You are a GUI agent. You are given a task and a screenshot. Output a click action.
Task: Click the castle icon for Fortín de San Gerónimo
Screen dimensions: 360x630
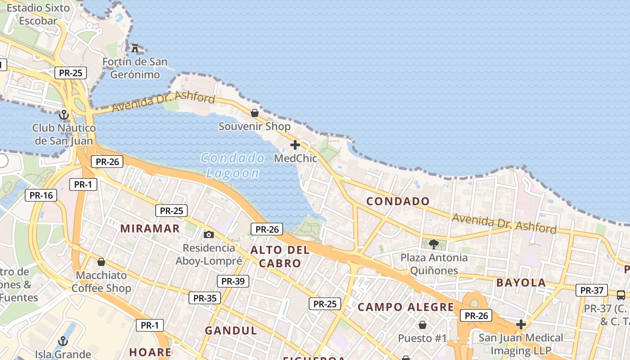[x=135, y=48]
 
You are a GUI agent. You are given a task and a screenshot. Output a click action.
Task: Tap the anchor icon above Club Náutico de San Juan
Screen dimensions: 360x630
[x=64, y=115]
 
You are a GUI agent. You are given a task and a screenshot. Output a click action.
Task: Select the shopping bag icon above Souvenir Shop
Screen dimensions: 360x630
[x=255, y=113]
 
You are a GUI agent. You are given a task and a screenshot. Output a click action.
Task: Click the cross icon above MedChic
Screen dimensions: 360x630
[x=295, y=145]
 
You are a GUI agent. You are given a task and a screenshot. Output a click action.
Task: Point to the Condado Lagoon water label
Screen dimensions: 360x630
[x=233, y=166]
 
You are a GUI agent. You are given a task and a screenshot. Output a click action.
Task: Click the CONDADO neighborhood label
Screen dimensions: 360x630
[x=398, y=201]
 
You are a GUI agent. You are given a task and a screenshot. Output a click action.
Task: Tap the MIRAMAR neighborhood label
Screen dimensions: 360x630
[x=150, y=229]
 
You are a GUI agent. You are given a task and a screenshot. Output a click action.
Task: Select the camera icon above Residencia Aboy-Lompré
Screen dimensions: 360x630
[x=209, y=234]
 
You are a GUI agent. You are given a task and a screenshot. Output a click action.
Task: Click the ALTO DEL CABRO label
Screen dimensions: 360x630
[x=280, y=256]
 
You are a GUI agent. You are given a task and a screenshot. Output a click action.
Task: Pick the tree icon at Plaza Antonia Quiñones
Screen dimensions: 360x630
[x=434, y=244]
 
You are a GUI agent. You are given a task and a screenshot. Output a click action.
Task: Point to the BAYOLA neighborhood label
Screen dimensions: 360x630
[x=521, y=283]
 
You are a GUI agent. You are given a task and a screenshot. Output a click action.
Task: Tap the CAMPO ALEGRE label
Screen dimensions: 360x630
[x=406, y=307]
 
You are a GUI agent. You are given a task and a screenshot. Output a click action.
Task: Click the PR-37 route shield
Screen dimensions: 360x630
[x=592, y=290]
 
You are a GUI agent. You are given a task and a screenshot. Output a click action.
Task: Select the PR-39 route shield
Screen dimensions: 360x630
[x=233, y=281]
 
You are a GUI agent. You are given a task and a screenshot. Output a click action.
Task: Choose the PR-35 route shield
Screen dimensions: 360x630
[x=205, y=298]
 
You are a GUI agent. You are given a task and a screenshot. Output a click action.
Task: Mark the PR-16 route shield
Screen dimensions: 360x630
[x=41, y=195]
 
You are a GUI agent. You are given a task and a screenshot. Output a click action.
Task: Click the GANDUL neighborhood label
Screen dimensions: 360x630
[x=231, y=331]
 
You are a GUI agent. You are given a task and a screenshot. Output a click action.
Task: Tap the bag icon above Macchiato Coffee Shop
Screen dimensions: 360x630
[x=101, y=262]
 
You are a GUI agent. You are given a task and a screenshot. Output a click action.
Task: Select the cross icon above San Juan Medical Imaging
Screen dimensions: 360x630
[x=521, y=324]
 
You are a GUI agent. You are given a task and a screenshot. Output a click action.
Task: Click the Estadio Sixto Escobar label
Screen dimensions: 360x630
[x=38, y=14]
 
